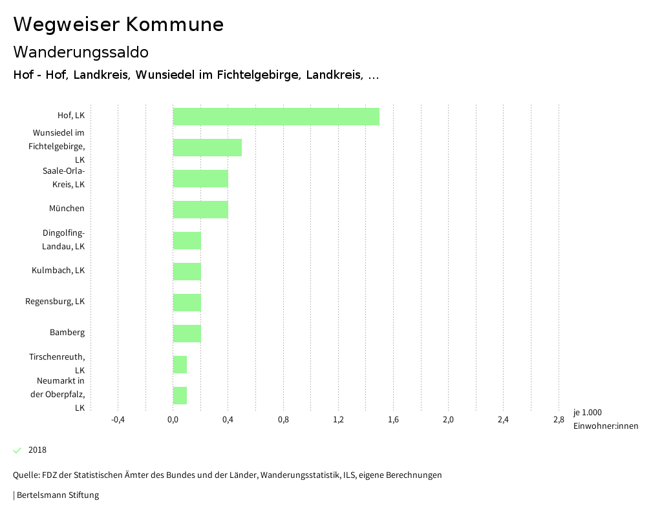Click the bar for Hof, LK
point(276,116)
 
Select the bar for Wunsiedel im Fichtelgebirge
point(207,147)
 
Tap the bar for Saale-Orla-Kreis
point(200,178)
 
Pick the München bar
point(200,209)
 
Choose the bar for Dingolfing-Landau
point(187,240)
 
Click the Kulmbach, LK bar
point(187,271)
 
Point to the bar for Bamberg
point(187,333)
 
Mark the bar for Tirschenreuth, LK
point(180,364)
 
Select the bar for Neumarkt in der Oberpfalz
point(180,395)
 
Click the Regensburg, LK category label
point(55,302)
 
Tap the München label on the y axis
point(67,209)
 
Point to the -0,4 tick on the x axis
point(118,420)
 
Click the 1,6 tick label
point(393,420)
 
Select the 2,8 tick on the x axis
point(559,420)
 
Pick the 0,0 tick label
point(173,420)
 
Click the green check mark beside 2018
point(17,450)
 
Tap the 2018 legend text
point(37,450)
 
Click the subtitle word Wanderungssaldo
point(81,52)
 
